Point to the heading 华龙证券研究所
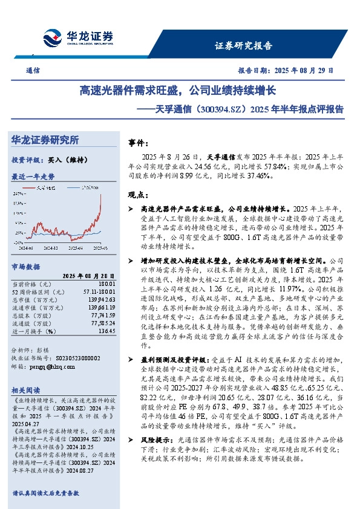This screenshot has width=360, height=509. [45, 140]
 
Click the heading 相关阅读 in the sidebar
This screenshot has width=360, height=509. [27, 390]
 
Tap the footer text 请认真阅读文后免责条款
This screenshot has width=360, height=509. [45, 493]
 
